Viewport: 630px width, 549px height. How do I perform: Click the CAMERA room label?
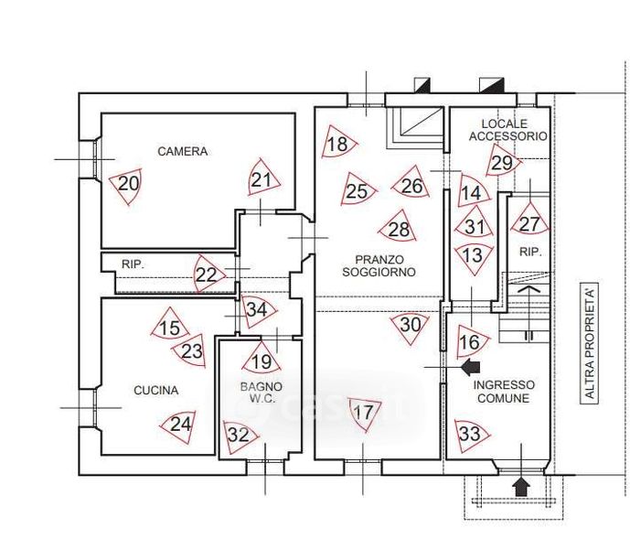pyautogui.click(x=182, y=152)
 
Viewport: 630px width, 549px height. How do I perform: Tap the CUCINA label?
pyautogui.click(x=155, y=391)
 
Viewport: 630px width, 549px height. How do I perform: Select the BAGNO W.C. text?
pyautogui.click(x=262, y=393)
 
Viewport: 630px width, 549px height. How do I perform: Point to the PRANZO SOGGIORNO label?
pyautogui.click(x=379, y=265)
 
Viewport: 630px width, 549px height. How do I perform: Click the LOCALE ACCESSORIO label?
pyautogui.click(x=507, y=129)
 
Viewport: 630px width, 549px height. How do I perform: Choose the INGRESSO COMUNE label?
pyautogui.click(x=504, y=392)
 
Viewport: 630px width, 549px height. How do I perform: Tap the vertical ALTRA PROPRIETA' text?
pyautogui.click(x=591, y=343)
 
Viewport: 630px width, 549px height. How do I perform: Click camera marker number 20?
pyautogui.click(x=129, y=184)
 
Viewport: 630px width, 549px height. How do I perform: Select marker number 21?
pyautogui.click(x=262, y=180)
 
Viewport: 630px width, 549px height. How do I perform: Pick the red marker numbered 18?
pyautogui.click(x=337, y=144)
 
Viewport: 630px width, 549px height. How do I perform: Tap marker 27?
pyautogui.click(x=529, y=223)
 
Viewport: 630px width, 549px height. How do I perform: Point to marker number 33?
pyautogui.click(x=470, y=433)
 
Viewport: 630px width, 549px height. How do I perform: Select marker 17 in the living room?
pyautogui.click(x=364, y=413)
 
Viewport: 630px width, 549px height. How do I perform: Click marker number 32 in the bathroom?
pyautogui.click(x=238, y=435)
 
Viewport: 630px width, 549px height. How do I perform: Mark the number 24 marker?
pyautogui.click(x=181, y=424)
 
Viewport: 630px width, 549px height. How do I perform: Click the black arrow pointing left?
pyautogui.click(x=470, y=368)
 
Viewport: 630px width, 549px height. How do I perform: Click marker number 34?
pyautogui.click(x=258, y=309)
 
